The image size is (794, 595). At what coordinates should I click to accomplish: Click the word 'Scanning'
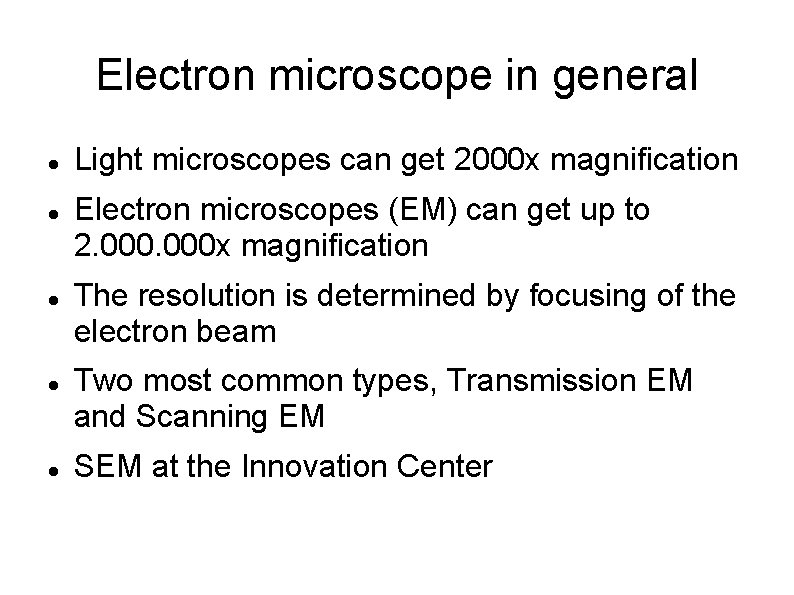pyautogui.click(x=206, y=416)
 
